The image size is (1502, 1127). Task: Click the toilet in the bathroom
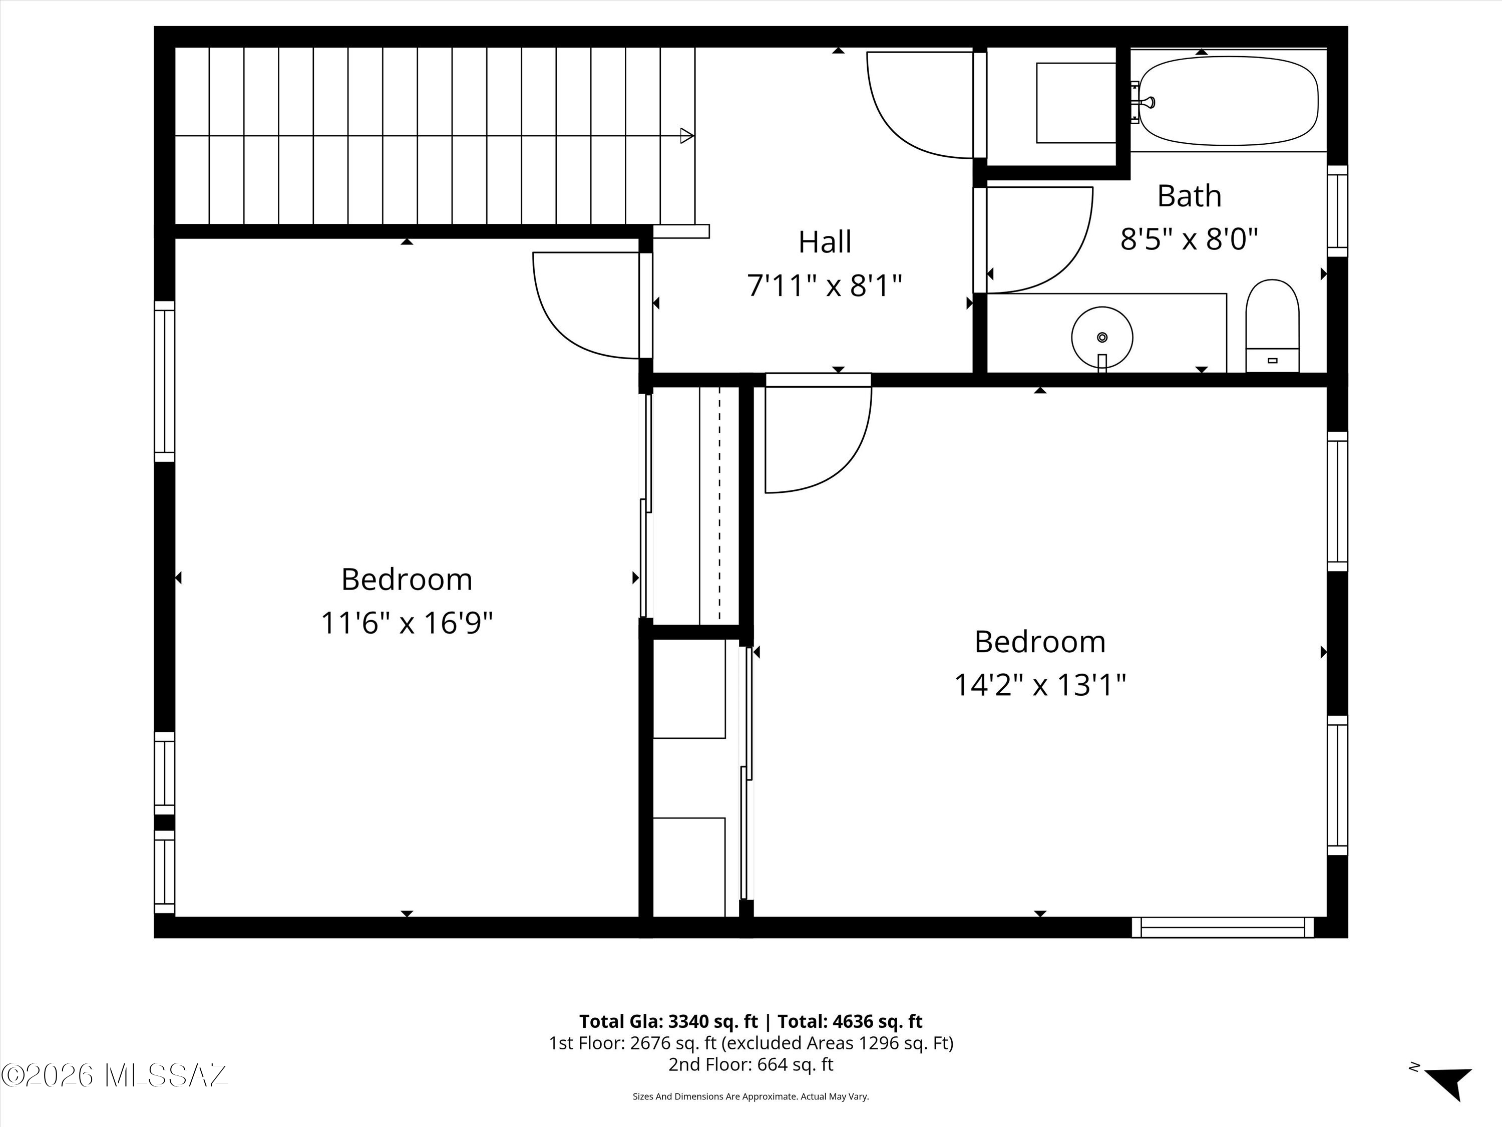[x=1272, y=326]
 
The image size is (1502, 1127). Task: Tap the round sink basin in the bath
[x=1102, y=337]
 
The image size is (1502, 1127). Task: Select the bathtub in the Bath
[x=1228, y=101]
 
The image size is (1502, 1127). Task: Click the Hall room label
[x=825, y=242]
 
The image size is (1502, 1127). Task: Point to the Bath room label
[x=1189, y=196]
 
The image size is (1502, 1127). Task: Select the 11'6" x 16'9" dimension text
[x=407, y=622]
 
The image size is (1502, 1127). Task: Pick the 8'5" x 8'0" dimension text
[x=1189, y=239]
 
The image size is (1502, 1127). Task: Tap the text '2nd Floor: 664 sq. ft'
[x=751, y=1064]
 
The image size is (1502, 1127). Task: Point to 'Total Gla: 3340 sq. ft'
[x=668, y=1021]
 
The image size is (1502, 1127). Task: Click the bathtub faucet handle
[x=1148, y=103]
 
